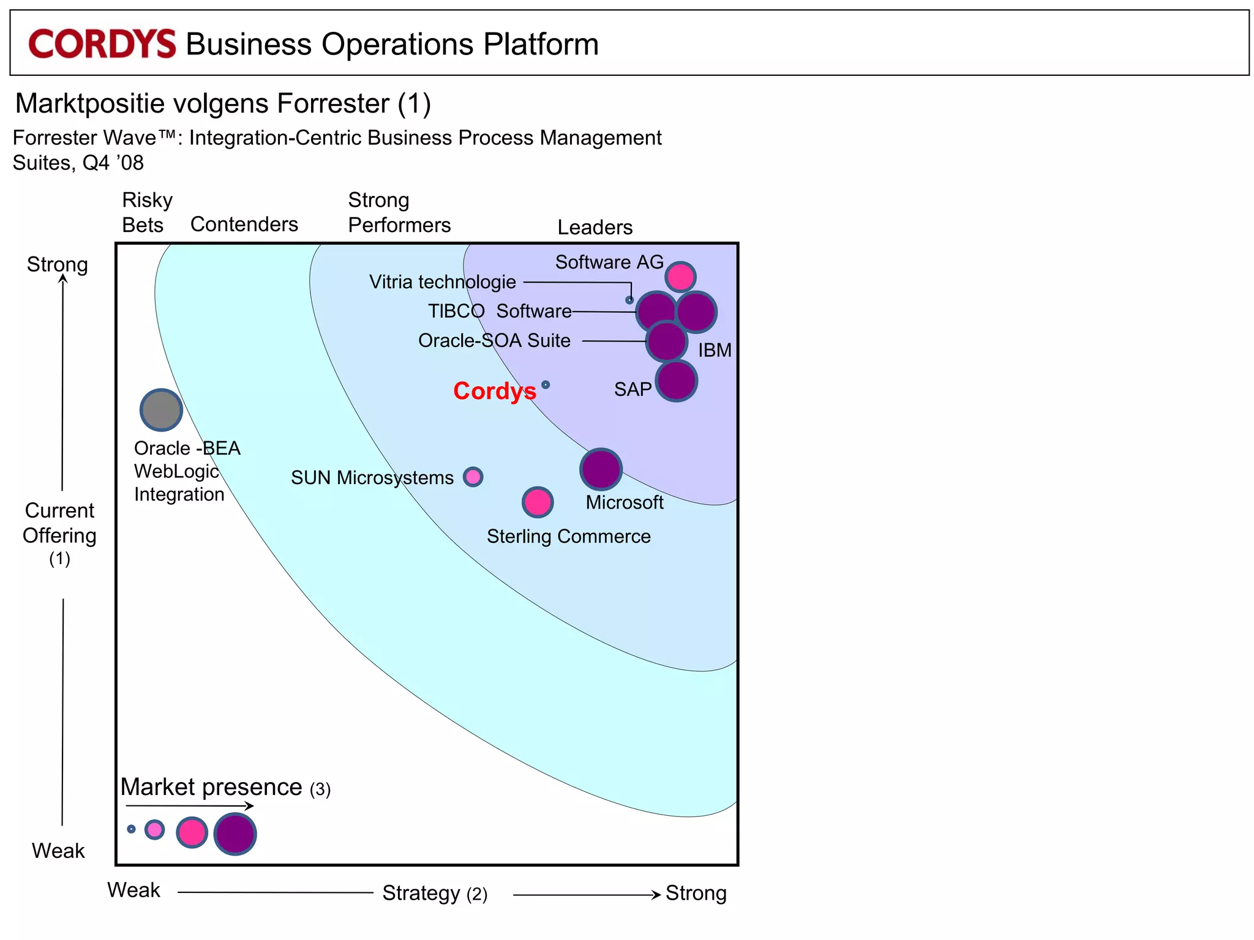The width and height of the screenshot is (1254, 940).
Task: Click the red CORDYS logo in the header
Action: pyautogui.click(x=102, y=44)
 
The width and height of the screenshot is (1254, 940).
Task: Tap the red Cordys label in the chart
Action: pyautogui.click(x=494, y=391)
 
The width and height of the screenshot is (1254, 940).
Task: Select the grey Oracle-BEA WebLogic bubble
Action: pyautogui.click(x=161, y=410)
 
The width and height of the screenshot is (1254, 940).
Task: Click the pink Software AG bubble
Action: pyautogui.click(x=680, y=277)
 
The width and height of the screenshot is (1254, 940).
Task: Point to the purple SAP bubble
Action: pyautogui.click(x=676, y=381)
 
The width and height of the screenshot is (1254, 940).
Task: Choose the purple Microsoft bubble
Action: pyautogui.click(x=601, y=469)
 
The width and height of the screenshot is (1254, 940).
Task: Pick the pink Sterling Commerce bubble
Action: pyautogui.click(x=538, y=502)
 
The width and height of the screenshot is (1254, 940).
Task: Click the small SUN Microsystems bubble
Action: pyautogui.click(x=473, y=477)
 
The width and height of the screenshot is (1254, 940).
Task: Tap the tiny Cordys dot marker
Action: pyautogui.click(x=546, y=385)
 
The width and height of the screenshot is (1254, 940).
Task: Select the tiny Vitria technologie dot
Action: pyautogui.click(x=629, y=300)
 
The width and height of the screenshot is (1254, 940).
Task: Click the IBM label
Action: pyautogui.click(x=715, y=350)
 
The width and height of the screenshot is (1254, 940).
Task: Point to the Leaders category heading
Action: pyautogui.click(x=595, y=227)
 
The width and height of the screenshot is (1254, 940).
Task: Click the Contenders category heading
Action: pyautogui.click(x=244, y=224)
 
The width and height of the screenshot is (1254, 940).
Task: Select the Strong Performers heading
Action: pyautogui.click(x=399, y=212)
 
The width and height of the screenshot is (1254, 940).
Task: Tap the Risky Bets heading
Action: pyautogui.click(x=147, y=212)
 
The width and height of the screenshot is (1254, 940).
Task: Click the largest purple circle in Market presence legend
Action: pyautogui.click(x=235, y=834)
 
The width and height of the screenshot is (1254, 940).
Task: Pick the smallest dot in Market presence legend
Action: pyautogui.click(x=131, y=829)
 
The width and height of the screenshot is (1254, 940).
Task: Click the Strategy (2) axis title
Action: pyautogui.click(x=435, y=893)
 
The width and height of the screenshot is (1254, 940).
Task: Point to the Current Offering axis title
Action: pyautogui.click(x=59, y=523)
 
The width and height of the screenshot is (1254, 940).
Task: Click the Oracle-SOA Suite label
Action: pyautogui.click(x=494, y=340)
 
